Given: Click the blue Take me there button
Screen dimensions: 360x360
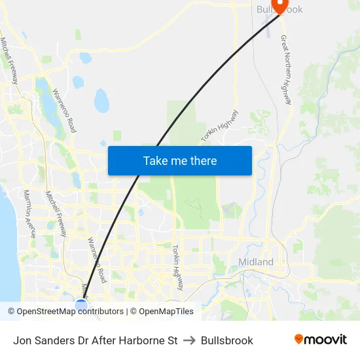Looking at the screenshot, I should pyautogui.click(x=179, y=160).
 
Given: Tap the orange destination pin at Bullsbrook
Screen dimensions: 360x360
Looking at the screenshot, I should pyautogui.click(x=280, y=6).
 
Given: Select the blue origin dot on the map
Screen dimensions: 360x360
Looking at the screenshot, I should pyautogui.click(x=81, y=305).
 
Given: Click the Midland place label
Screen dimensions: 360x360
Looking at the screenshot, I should pyautogui.click(x=256, y=262).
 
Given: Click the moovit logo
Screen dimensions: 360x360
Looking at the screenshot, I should pyautogui.click(x=321, y=340).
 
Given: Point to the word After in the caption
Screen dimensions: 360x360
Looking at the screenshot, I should pyautogui.click(x=96, y=340).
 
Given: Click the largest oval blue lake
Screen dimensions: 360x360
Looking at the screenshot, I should pyautogui.click(x=101, y=101).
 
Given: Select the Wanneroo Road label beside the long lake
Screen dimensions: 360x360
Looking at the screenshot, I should pyautogui.click(x=63, y=111).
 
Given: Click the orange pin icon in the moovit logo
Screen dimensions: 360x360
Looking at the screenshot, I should pyautogui.click(x=299, y=339).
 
